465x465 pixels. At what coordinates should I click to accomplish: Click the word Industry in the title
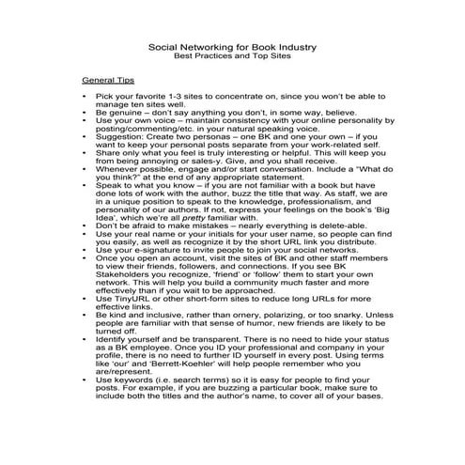(x=291, y=46)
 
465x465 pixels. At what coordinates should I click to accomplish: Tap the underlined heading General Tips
(x=108, y=82)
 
